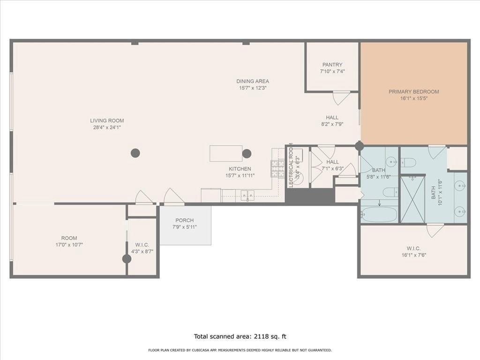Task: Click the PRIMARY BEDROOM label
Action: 413,92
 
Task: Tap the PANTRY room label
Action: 332,65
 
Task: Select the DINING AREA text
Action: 253,81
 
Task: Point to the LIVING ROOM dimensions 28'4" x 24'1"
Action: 107,127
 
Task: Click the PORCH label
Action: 185,220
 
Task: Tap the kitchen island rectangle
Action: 225,153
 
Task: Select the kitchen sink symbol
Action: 247,195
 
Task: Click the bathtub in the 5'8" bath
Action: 379,214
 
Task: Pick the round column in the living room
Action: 135,153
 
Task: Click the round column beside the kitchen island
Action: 247,153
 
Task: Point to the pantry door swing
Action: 341,97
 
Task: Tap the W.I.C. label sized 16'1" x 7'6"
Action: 413,249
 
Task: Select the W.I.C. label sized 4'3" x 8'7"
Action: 142,245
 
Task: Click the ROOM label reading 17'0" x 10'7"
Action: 69,238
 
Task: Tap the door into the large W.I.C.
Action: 435,230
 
